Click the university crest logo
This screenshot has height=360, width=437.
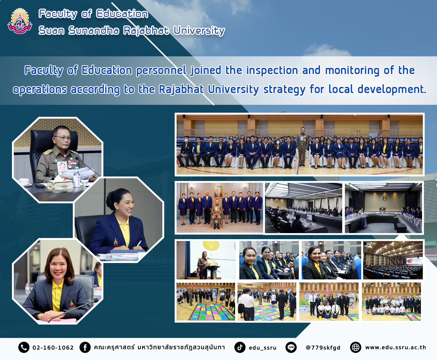20,21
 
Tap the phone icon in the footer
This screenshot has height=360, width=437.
24,347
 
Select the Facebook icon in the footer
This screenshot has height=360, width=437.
85,347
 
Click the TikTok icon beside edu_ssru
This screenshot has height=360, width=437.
240,347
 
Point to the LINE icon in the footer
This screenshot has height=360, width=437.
291,347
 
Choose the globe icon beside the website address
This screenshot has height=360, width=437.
356,347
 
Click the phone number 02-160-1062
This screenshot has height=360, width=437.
53,348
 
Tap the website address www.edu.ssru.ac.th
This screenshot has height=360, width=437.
396,347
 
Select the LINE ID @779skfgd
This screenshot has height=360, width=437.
323,348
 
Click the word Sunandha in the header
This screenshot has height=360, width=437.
94,30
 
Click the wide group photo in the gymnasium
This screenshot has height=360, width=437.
300,144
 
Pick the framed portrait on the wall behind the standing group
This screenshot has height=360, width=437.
218,192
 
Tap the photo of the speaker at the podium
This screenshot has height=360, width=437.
206,260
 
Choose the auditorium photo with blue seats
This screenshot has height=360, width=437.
393,260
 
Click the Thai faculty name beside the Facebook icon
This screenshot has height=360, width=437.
159,347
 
